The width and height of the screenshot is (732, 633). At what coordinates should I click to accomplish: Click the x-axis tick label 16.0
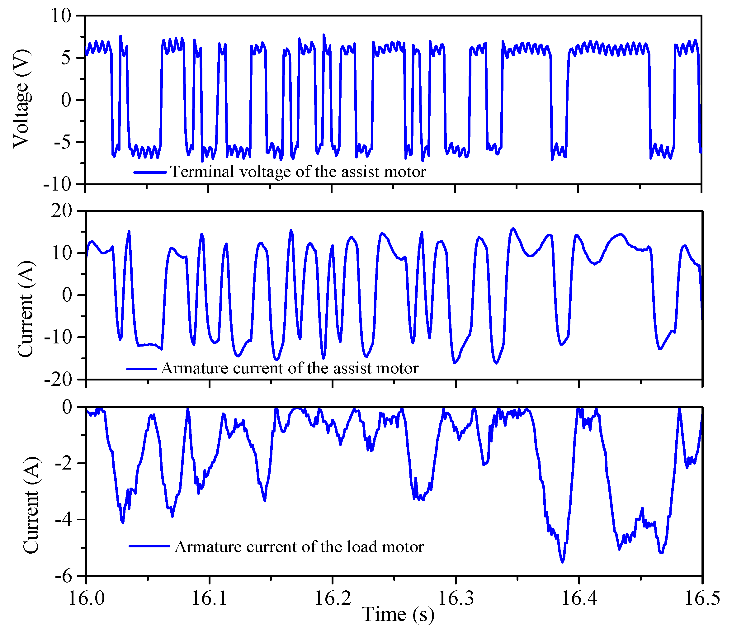tap(86, 598)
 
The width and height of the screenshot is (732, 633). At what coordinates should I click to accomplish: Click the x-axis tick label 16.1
tap(210, 598)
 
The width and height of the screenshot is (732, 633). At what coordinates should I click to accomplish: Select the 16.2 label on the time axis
tap(333, 598)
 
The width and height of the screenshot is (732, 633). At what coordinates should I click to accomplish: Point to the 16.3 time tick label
tap(456, 598)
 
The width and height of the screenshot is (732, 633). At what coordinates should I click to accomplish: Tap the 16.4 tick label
tap(579, 598)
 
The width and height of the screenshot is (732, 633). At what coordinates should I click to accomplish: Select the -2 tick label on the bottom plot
tap(63, 463)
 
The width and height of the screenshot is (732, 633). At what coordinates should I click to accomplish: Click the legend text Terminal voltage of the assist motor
tap(298, 172)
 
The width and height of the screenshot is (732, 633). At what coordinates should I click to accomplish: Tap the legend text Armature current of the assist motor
tap(290, 368)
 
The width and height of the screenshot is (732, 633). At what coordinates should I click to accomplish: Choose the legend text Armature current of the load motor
tap(299, 547)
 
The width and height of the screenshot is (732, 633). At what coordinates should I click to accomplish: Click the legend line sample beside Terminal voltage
tap(150, 172)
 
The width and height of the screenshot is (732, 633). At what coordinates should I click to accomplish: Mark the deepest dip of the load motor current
tap(562, 562)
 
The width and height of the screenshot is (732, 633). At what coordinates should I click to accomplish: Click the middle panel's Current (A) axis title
tap(26, 309)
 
